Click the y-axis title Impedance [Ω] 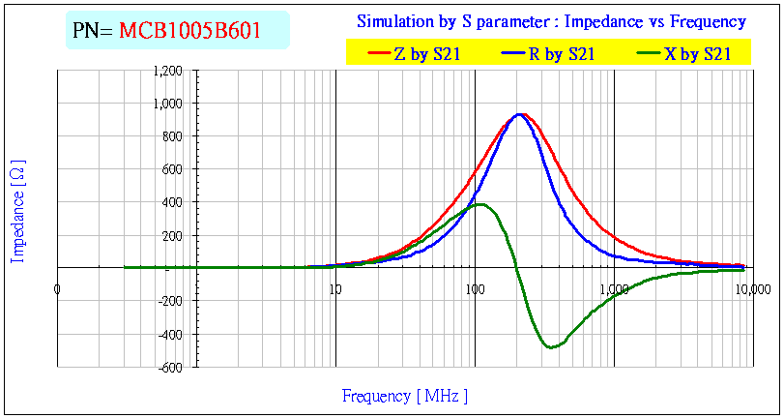click(17, 211)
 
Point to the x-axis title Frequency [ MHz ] click(404, 396)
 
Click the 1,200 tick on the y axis click(168, 71)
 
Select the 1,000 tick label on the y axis click(168, 104)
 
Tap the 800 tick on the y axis click(173, 136)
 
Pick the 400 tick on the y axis click(173, 202)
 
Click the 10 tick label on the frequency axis click(335, 287)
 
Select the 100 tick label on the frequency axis click(475, 287)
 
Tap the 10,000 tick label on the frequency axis click(753, 287)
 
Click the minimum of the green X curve click(551, 346)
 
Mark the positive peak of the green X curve click(479, 204)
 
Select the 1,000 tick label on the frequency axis click(614, 287)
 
